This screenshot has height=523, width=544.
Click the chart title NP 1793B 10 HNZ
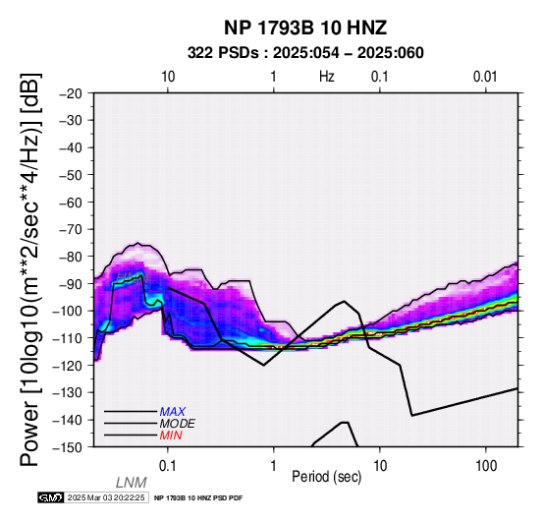(305, 28)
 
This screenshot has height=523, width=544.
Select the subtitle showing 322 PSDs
(305, 53)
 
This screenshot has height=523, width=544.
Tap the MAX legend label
(173, 412)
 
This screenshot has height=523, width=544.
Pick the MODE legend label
(178, 424)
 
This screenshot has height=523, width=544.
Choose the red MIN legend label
(171, 436)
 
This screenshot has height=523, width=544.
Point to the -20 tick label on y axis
(71, 93)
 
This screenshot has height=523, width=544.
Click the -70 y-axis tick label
(71, 230)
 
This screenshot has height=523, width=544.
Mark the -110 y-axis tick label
(68, 338)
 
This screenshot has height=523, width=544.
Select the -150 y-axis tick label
(68, 447)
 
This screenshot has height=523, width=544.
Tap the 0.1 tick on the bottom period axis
(168, 466)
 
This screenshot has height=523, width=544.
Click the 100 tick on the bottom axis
(486, 466)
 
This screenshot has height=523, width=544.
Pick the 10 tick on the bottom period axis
(380, 466)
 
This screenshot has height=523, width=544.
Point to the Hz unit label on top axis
(326, 77)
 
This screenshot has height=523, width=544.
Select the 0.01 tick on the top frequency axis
(485, 77)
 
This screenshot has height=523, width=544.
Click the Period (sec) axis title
(326, 477)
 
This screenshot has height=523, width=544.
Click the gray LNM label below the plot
(132, 483)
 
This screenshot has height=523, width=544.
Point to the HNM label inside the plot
(133, 278)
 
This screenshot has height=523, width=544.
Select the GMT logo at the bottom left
(51, 497)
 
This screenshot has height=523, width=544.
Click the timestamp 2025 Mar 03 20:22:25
(106, 497)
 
